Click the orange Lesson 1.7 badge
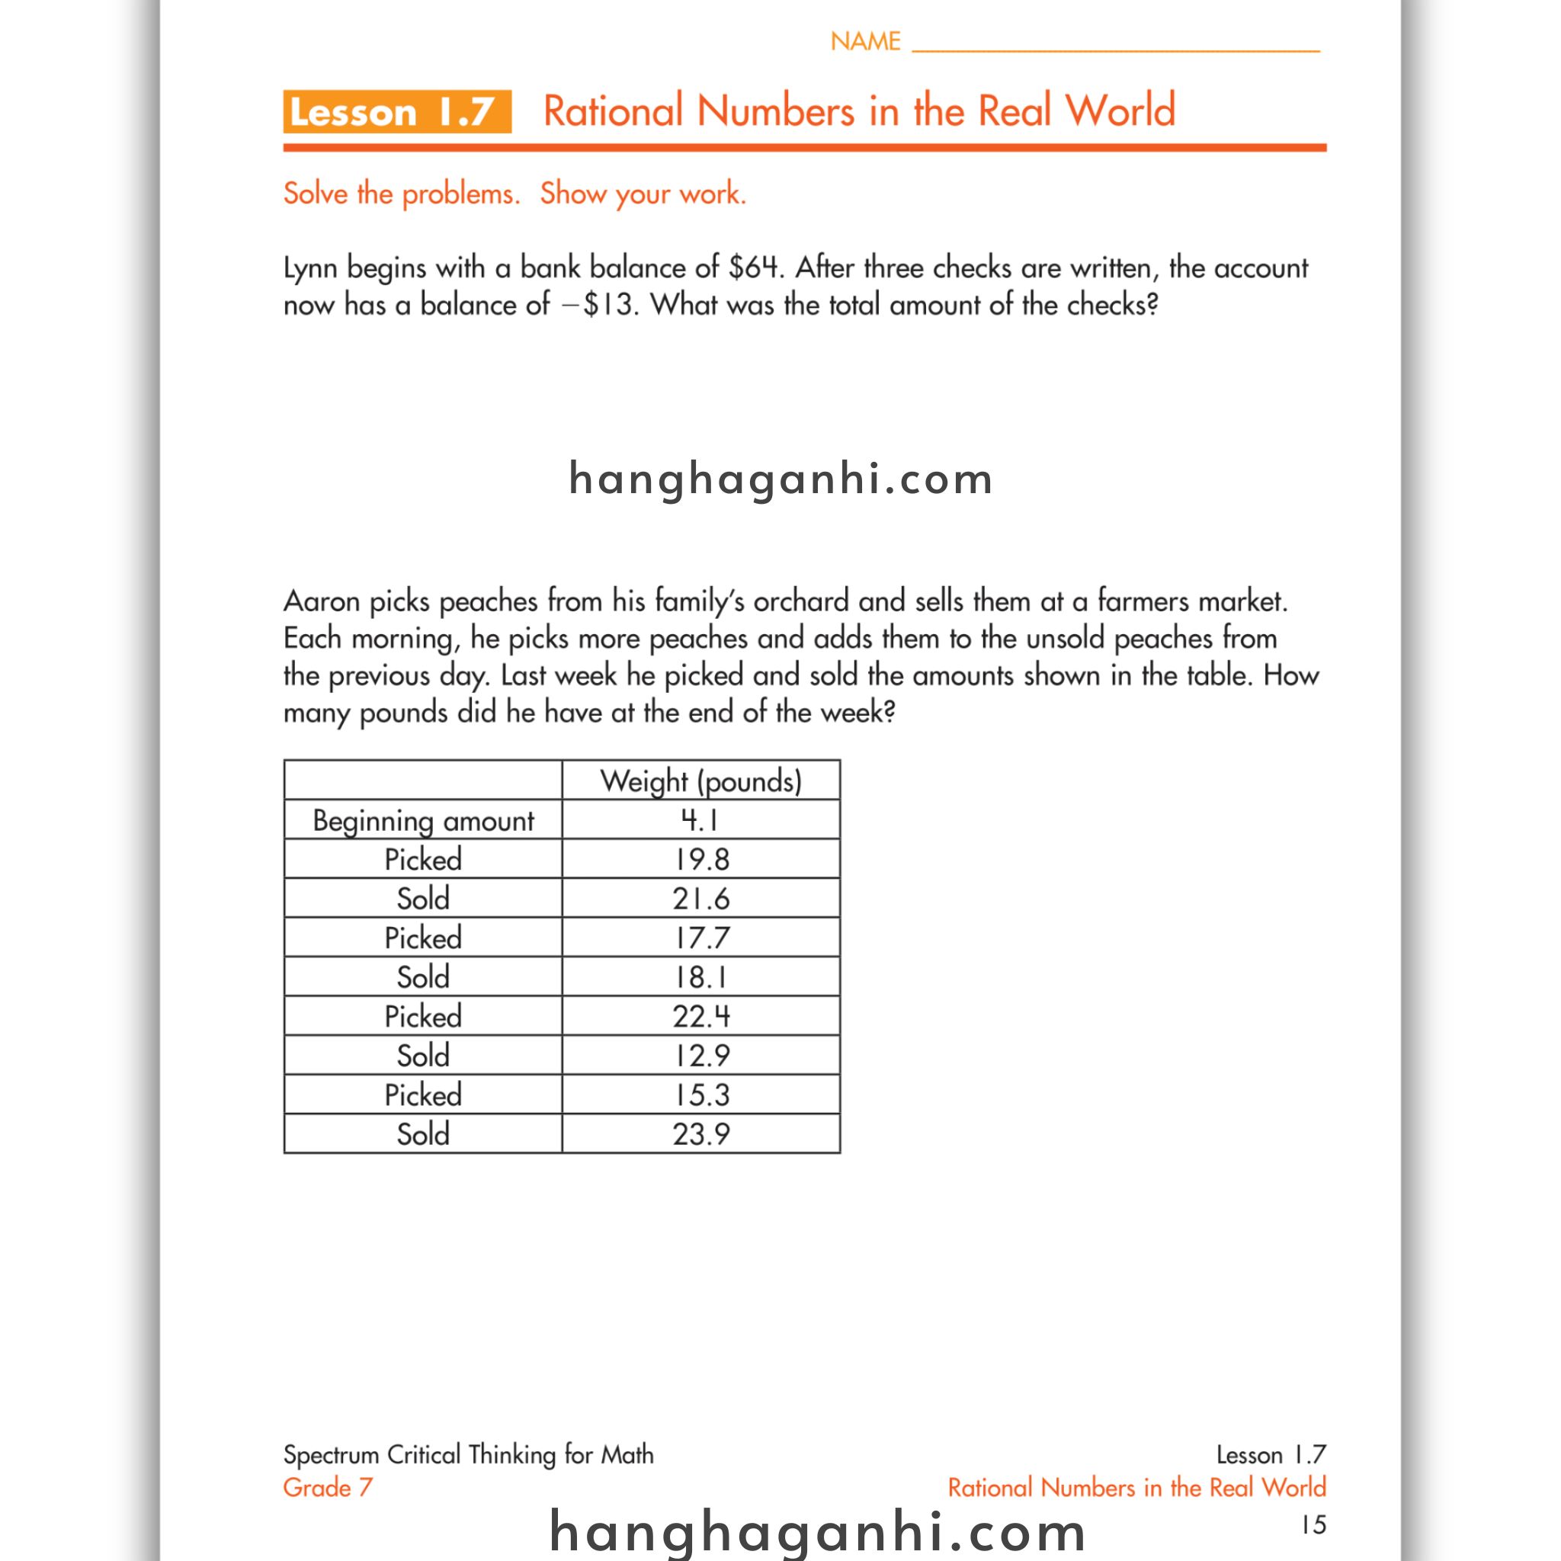pyautogui.click(x=396, y=111)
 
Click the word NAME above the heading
pyautogui.click(x=864, y=41)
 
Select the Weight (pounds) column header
pyautogui.click(x=700, y=780)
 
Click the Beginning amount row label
pyautogui.click(x=422, y=820)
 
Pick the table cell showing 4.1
pyautogui.click(x=700, y=820)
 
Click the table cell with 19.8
pyautogui.click(x=700, y=859)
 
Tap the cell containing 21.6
pyautogui.click(x=700, y=899)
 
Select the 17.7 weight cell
pyautogui.click(x=700, y=938)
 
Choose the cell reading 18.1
pyautogui.click(x=700, y=977)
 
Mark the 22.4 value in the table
pyautogui.click(x=700, y=1015)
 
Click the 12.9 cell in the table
pyautogui.click(x=700, y=1055)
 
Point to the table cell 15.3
pyautogui.click(x=700, y=1094)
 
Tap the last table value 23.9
pyautogui.click(x=700, y=1133)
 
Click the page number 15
pyautogui.click(x=1313, y=1524)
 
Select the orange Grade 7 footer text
pyautogui.click(x=327, y=1488)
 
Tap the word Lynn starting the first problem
pyautogui.click(x=310, y=268)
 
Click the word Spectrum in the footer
pyautogui.click(x=331, y=1454)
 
